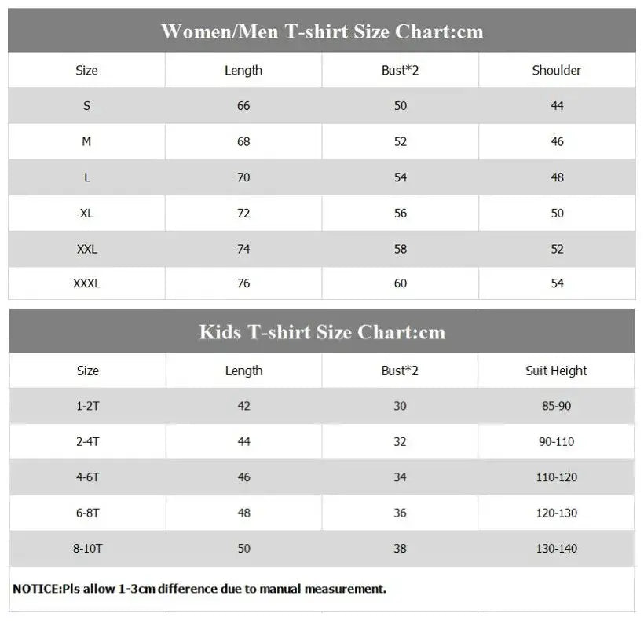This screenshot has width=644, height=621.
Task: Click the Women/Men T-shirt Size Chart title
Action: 322,31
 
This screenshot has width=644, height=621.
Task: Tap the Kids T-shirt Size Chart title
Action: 322,331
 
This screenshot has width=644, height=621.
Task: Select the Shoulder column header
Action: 557,71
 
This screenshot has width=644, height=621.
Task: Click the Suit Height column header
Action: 556,371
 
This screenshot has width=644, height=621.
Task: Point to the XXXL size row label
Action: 86,283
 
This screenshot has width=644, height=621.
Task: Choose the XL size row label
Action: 86,213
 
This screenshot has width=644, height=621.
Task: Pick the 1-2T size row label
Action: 87,406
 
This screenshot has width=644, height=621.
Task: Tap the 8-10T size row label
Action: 87,548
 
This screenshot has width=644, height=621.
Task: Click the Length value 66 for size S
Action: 243,106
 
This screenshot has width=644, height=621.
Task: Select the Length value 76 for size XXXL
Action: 243,283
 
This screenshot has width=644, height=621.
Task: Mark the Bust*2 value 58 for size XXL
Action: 401,249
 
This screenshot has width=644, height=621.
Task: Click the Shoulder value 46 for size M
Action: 557,142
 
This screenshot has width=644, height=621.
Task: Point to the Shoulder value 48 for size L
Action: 557,177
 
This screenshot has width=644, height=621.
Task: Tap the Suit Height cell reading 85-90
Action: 556,406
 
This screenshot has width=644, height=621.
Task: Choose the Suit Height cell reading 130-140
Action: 556,548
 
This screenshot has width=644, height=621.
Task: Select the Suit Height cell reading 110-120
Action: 556,477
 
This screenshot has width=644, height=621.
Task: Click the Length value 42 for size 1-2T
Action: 243,406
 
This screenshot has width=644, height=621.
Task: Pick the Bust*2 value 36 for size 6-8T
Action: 401,513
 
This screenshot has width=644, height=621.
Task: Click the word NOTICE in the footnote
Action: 36,589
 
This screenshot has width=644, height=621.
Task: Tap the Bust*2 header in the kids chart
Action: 401,371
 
